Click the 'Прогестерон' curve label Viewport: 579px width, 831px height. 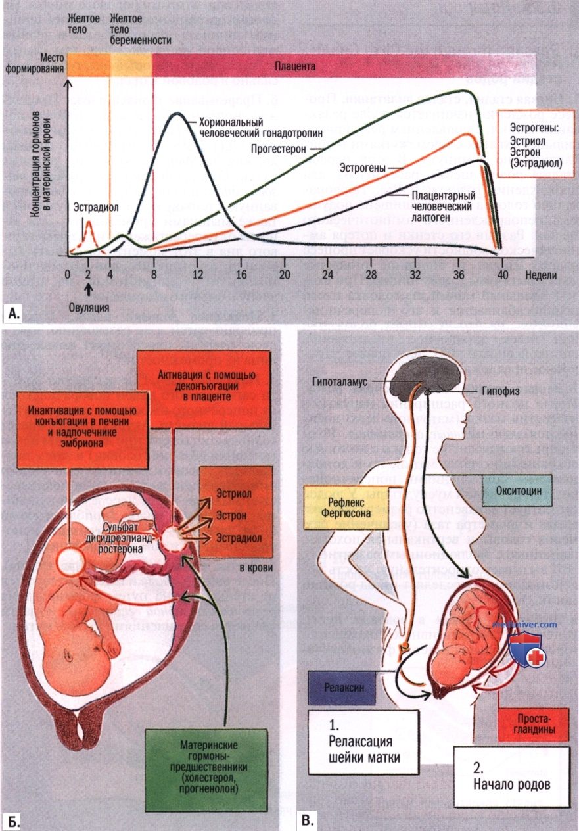point(279,149)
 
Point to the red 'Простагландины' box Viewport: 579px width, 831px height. point(533,724)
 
